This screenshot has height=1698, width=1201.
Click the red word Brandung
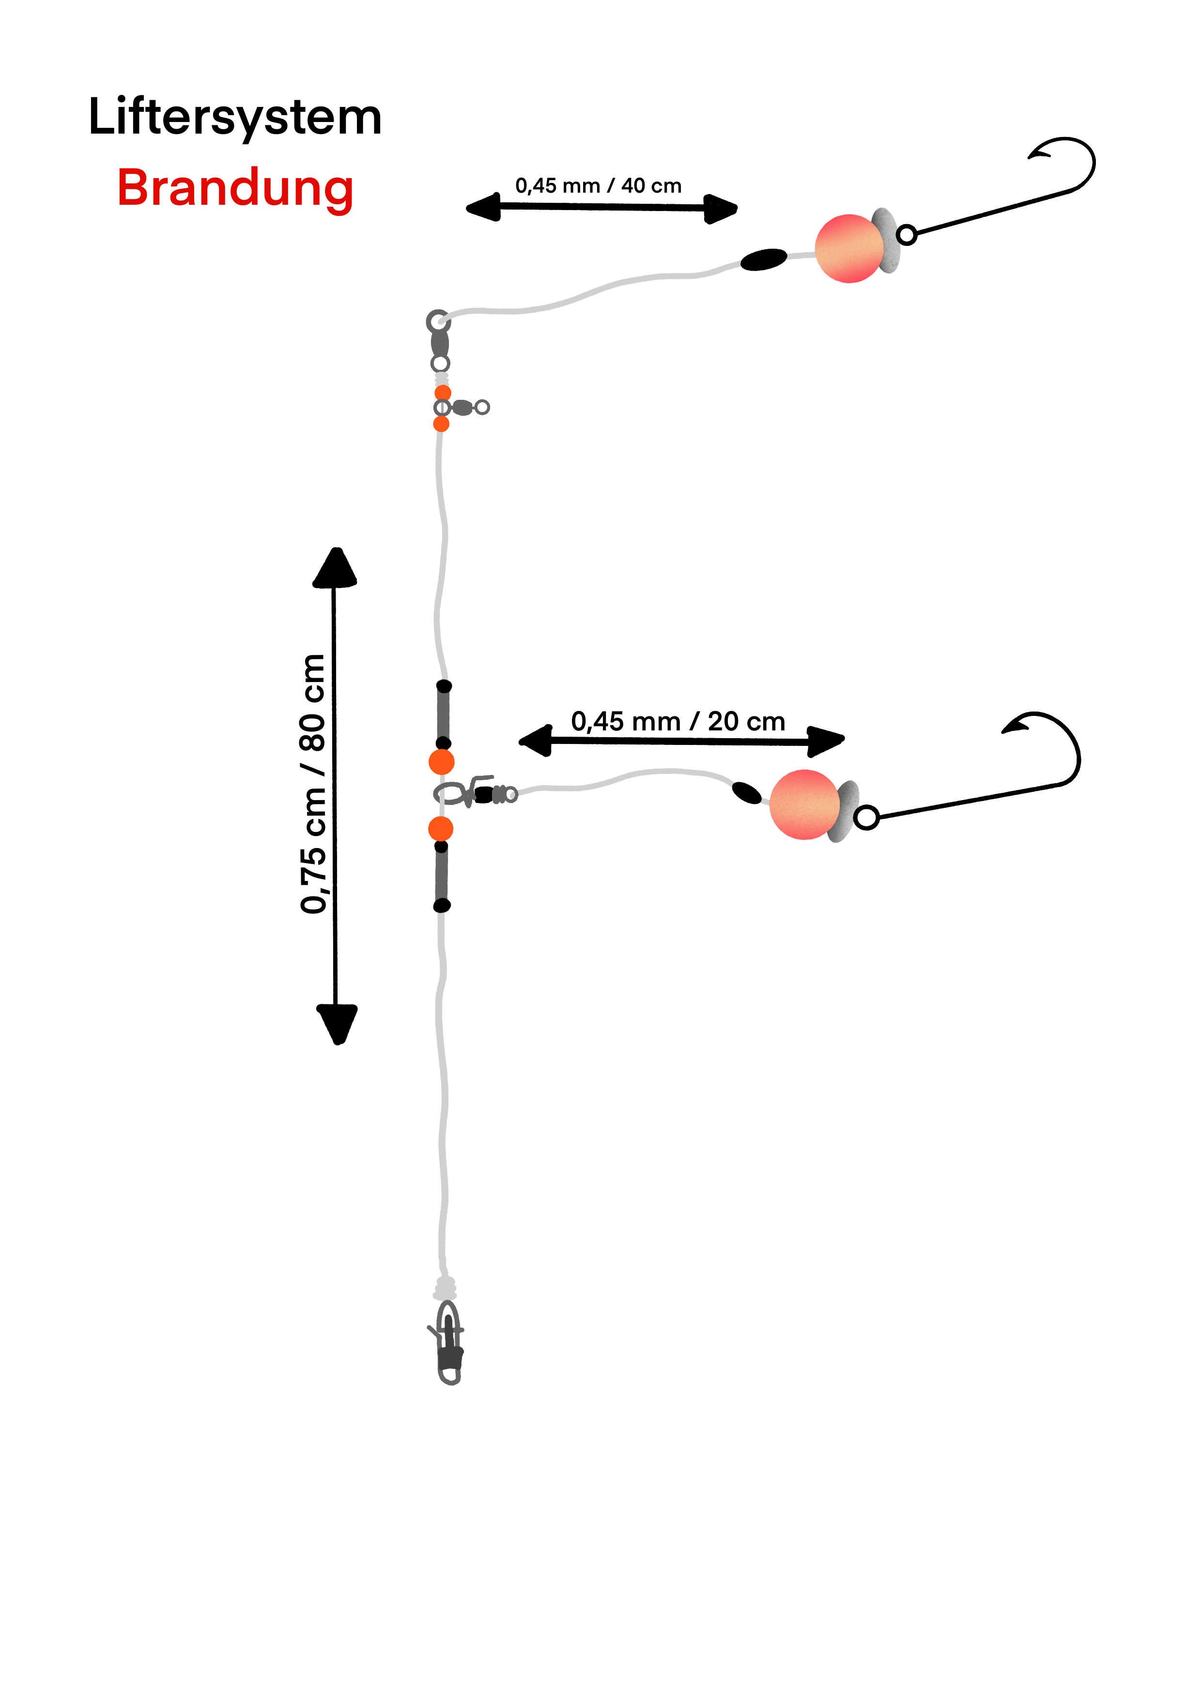(235, 188)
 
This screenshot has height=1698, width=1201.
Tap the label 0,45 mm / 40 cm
(598, 185)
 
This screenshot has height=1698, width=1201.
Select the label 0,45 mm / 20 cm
(678, 721)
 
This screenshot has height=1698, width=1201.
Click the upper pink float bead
(849, 248)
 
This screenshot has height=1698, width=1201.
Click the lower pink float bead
(804, 804)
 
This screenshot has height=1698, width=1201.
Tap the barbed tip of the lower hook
(1008, 730)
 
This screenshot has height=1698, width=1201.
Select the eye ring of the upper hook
(907, 235)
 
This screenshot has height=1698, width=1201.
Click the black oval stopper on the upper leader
(764, 259)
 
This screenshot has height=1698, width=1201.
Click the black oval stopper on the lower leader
(746, 793)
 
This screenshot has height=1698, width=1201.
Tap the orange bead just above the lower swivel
(442, 762)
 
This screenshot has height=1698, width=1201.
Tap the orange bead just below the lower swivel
(441, 829)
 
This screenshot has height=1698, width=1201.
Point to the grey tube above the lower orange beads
(443, 714)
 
